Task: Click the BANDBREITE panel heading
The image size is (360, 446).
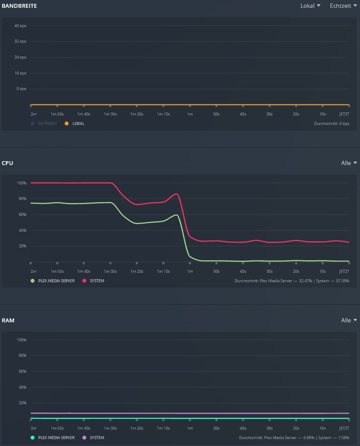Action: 19,6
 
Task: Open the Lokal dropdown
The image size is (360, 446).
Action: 310,6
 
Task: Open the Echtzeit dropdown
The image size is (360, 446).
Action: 343,6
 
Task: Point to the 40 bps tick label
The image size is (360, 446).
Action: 20,26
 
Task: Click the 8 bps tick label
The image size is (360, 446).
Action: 21,89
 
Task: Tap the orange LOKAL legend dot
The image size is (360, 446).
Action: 66,124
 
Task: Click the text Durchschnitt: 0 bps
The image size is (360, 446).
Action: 332,124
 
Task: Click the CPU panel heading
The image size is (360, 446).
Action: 7,163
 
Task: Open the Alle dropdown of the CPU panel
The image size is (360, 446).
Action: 349,163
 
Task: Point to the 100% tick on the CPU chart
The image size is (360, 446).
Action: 22,183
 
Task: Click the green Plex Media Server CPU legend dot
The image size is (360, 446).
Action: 32,281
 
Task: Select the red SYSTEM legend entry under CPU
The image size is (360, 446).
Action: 97,281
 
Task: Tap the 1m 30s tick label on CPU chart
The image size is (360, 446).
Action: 110,271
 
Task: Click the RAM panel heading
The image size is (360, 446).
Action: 8,321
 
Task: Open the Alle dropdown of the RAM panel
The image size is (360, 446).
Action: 349,321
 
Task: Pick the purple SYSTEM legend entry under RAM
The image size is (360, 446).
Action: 97,438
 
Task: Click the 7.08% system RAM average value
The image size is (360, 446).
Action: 344,438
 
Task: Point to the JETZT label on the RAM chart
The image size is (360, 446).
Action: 344,428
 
